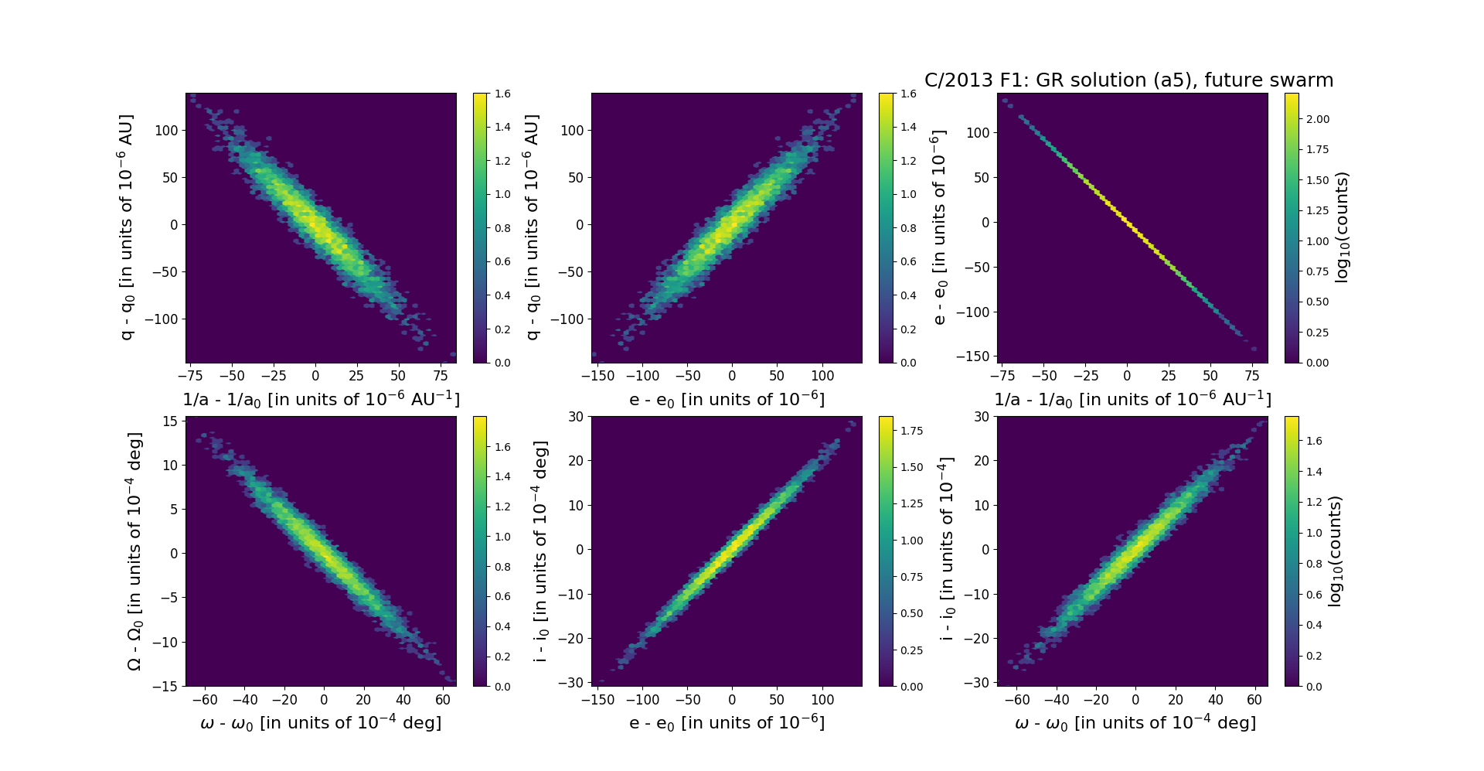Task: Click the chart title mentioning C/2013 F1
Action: pyautogui.click(x=1128, y=80)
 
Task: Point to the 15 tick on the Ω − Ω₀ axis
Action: pyautogui.click(x=170, y=421)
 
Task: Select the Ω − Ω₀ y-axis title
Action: pyautogui.click(x=134, y=551)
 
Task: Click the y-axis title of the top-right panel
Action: pyautogui.click(x=938, y=228)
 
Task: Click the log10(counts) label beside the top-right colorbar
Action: pyautogui.click(x=1342, y=227)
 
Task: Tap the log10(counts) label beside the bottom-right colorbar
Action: pyautogui.click(x=1335, y=551)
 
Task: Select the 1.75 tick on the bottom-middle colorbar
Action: pyautogui.click(x=911, y=431)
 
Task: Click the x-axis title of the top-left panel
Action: pyautogui.click(x=321, y=399)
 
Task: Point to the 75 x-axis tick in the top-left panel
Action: pyautogui.click(x=440, y=376)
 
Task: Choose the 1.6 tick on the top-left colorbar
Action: pyautogui.click(x=502, y=94)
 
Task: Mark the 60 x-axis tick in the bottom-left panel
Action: pyautogui.click(x=443, y=700)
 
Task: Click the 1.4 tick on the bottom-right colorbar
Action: pyautogui.click(x=1313, y=472)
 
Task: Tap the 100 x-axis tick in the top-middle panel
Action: pyautogui.click(x=822, y=376)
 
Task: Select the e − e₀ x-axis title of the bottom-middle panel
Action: pyautogui.click(x=727, y=723)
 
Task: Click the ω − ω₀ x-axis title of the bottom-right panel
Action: pyautogui.click(x=1135, y=723)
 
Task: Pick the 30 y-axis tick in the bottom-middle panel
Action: pyautogui.click(x=575, y=416)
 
